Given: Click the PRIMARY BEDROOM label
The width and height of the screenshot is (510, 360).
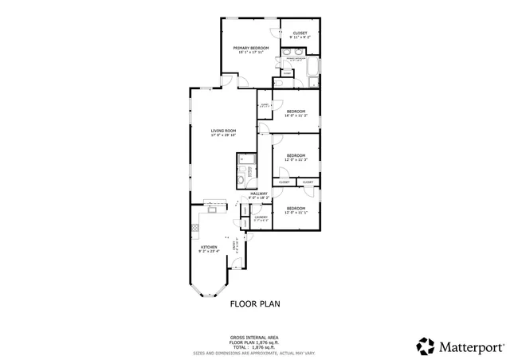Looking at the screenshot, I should click(x=251, y=49).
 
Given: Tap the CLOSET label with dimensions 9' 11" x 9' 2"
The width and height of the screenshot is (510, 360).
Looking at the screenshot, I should click(x=300, y=33).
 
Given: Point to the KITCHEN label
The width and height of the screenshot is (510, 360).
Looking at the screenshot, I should click(x=209, y=247).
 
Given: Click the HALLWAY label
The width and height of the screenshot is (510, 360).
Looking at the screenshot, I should click(x=259, y=194).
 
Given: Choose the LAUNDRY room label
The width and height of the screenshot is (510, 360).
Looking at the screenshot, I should click(x=260, y=217).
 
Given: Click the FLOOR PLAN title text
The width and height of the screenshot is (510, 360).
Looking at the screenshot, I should click(x=255, y=303).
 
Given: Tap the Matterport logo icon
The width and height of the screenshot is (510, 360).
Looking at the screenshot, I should click(x=426, y=346).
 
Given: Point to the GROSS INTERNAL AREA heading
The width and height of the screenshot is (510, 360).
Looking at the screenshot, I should click(x=255, y=338).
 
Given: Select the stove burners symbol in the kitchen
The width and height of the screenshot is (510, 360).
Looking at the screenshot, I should click(x=194, y=229).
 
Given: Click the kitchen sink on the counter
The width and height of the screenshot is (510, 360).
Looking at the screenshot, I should click(x=213, y=209).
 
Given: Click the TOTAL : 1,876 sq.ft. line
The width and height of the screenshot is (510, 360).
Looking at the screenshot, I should click(x=255, y=346).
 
